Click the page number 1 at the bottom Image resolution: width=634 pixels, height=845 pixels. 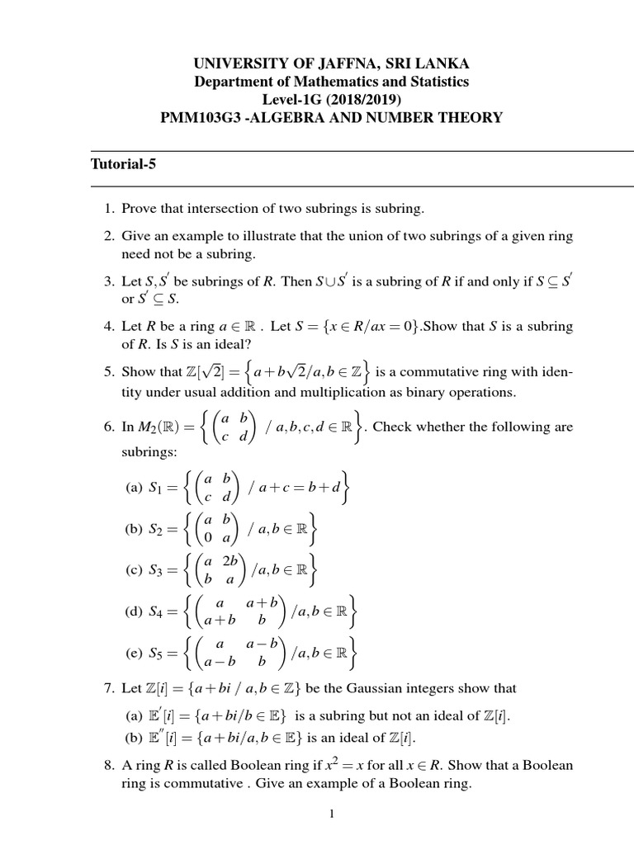[331, 814]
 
